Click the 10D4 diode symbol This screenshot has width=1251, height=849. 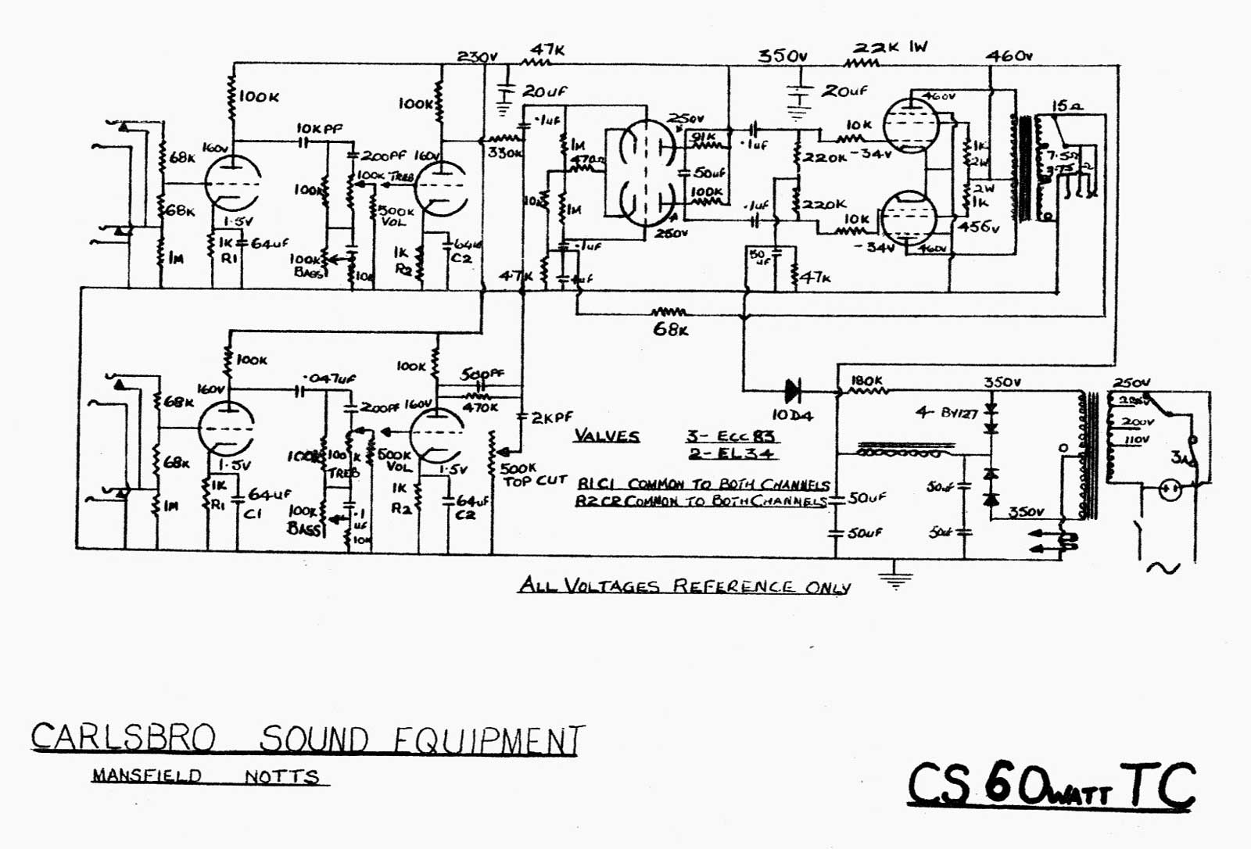(x=793, y=389)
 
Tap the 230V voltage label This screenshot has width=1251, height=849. (x=477, y=57)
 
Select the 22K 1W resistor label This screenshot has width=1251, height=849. (x=890, y=48)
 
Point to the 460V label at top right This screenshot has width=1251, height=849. (x=1009, y=56)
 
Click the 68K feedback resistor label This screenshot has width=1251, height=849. (x=670, y=329)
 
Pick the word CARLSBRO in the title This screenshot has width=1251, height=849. (x=123, y=737)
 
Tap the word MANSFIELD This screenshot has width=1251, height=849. (x=147, y=776)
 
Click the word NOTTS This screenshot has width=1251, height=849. (x=281, y=777)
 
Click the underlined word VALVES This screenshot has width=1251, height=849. (x=606, y=436)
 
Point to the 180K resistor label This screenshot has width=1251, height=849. (x=866, y=381)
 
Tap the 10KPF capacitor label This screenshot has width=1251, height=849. (x=319, y=128)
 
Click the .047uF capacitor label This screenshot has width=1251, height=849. (x=331, y=378)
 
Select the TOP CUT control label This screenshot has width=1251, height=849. (x=535, y=481)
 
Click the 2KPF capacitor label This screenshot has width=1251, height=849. (x=552, y=418)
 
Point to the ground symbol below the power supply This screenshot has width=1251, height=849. (x=895, y=579)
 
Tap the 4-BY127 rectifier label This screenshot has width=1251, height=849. (x=946, y=413)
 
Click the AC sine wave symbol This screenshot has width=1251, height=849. (x=1162, y=568)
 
